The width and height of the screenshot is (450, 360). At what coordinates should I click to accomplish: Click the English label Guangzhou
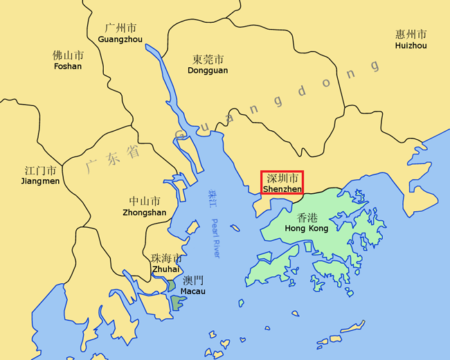[x=120, y=39]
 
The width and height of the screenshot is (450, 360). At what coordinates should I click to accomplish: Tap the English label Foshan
[x=67, y=66]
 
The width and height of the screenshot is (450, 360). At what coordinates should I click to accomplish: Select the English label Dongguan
[x=208, y=71]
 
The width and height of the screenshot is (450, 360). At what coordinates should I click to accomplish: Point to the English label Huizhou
[x=411, y=46]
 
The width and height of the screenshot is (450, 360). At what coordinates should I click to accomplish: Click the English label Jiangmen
[x=42, y=181]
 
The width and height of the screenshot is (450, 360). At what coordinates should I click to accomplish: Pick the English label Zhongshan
[x=144, y=213]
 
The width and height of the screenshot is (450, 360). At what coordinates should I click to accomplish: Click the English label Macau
[x=192, y=291]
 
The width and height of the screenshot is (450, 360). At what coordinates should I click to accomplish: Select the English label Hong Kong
[x=306, y=228]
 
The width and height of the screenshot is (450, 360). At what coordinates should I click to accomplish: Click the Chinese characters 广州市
[x=120, y=28]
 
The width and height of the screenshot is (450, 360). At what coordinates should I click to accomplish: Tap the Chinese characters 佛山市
[x=67, y=55]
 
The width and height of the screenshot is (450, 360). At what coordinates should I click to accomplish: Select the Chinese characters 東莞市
[x=208, y=60]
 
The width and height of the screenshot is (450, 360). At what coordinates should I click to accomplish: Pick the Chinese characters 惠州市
[x=411, y=35]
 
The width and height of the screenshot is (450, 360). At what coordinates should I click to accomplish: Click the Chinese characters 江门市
[x=42, y=170]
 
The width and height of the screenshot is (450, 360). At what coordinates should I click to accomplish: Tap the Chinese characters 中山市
[x=144, y=201]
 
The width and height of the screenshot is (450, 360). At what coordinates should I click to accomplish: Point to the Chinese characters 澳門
[x=193, y=280]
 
